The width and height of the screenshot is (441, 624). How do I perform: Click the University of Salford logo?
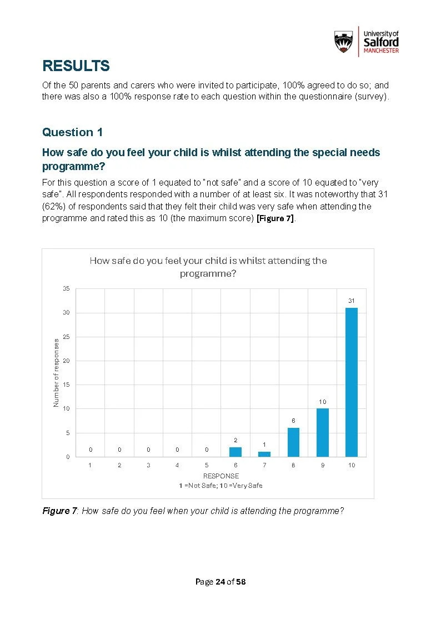click(x=366, y=41)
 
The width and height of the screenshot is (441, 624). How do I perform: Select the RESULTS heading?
click(x=76, y=66)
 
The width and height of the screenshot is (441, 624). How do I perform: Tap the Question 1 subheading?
click(x=73, y=132)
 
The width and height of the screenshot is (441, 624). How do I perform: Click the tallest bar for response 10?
click(x=352, y=382)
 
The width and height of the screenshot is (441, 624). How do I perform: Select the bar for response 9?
click(x=323, y=432)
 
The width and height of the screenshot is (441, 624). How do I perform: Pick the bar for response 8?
click(x=293, y=442)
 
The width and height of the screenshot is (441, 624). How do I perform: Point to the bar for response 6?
click(x=235, y=452)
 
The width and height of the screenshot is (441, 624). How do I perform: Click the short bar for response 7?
click(x=264, y=454)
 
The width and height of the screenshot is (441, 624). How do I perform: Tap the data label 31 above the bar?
click(x=352, y=301)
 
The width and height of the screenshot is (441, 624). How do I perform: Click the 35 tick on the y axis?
click(x=66, y=289)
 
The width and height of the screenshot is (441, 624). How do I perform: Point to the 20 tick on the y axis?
click(x=66, y=361)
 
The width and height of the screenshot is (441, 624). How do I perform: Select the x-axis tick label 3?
click(x=148, y=466)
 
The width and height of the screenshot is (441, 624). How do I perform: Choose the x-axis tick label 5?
click(x=207, y=466)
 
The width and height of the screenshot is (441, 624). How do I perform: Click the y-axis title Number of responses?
click(x=56, y=372)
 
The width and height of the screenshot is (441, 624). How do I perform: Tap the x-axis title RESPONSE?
click(x=220, y=476)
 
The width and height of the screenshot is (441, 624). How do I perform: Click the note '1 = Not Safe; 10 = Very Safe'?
click(x=220, y=486)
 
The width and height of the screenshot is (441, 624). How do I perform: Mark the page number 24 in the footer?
click(x=220, y=582)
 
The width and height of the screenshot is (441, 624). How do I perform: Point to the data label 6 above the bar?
click(x=293, y=421)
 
